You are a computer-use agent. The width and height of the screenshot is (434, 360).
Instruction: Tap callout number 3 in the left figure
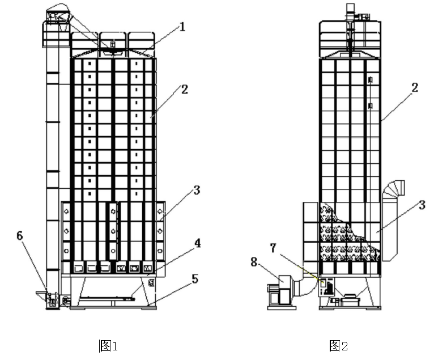point(197,190)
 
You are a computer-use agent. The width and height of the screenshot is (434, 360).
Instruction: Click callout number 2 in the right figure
point(415,87)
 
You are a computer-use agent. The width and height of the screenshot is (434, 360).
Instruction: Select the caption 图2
point(338,345)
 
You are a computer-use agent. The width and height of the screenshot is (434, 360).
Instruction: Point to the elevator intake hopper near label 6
point(42,295)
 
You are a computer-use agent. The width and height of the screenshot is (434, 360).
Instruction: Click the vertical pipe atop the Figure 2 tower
point(349,10)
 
